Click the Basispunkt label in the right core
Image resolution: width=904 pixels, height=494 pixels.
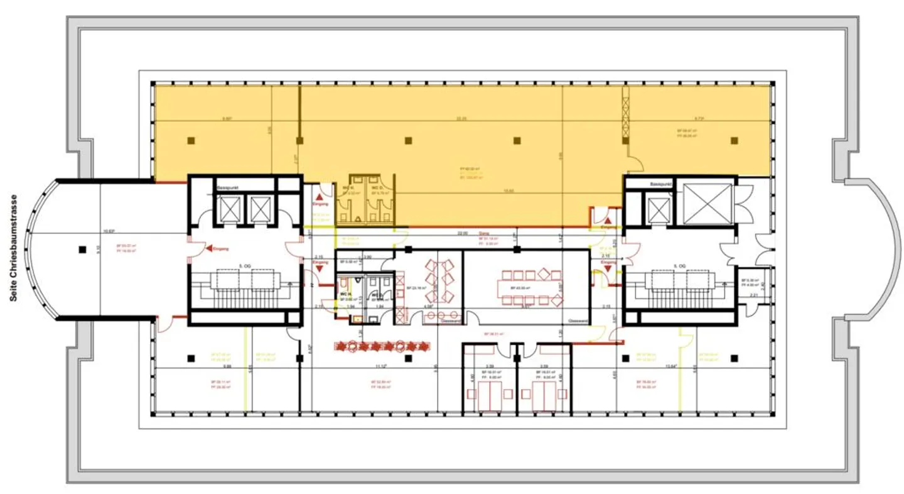pos(661,184)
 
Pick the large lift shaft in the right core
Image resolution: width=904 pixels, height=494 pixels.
pos(708,204)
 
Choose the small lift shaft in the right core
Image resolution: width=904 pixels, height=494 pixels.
pos(659,209)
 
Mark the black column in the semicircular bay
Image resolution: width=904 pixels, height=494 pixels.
pos(82,250)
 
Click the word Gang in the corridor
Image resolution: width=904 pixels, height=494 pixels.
pos(483,233)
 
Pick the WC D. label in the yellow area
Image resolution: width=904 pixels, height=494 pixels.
pos(377,188)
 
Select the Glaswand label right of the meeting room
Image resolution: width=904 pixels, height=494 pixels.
pos(577,321)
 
